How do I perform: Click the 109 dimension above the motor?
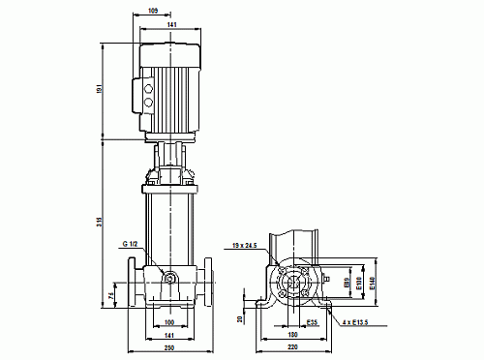(x=153, y=12)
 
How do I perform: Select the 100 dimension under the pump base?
(x=168, y=322)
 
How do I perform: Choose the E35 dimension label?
(x=313, y=322)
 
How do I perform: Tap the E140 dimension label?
(x=373, y=285)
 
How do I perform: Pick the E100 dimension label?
(x=359, y=285)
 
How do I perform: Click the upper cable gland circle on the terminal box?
(x=147, y=86)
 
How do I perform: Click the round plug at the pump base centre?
(x=169, y=280)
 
